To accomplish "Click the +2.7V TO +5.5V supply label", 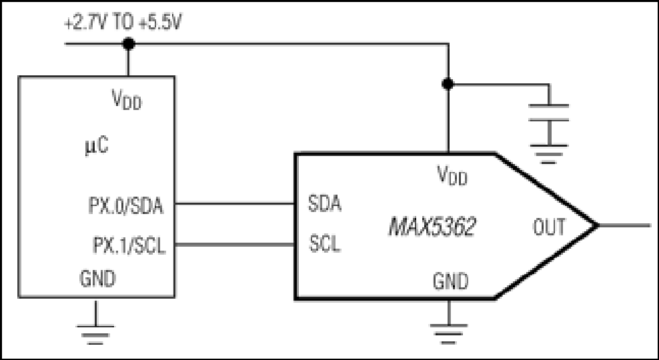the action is [123, 23].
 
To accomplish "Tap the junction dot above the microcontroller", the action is [128, 43].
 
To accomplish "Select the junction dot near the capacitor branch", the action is [448, 84].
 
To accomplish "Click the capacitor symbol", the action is [548, 113].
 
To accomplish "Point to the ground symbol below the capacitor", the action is [548, 154].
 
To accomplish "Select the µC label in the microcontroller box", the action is [96, 147].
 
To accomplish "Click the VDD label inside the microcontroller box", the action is [127, 100].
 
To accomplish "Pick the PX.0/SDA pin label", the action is [125, 206].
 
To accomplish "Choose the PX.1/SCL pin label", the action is [129, 246].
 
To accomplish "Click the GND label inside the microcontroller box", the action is [97, 279].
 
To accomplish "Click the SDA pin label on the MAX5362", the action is [324, 204].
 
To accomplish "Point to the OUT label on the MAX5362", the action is [549, 227].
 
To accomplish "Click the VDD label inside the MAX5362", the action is [452, 175].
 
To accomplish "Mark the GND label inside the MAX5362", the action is [450, 281].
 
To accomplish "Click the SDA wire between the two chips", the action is [235, 204].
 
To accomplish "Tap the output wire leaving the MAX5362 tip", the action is [624, 225].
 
